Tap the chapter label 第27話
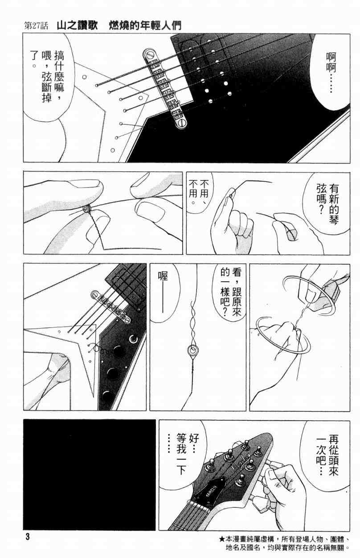(x=36, y=26)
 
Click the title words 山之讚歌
(x=77, y=25)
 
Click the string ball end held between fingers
(x=86, y=209)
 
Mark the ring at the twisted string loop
(x=192, y=350)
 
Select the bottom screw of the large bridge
(x=181, y=123)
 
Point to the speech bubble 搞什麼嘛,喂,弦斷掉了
(x=49, y=77)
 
